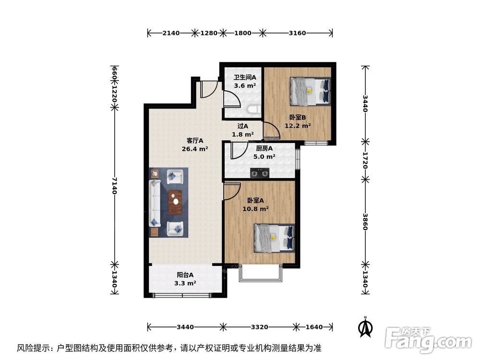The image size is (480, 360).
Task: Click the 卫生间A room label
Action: click(245, 77)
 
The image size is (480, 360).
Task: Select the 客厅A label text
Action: click(195, 141)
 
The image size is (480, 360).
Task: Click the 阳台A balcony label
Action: click(185, 275)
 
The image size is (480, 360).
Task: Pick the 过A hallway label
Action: click(243, 126)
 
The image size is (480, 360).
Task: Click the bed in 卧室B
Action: click(310, 91)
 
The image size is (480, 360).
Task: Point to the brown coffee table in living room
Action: click(176, 202)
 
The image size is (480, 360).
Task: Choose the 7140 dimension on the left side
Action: click(114, 185)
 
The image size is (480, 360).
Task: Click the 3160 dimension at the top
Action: click(298, 33)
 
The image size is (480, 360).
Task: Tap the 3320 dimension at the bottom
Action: click(259, 327)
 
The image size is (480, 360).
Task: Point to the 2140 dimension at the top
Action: click(171, 33)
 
